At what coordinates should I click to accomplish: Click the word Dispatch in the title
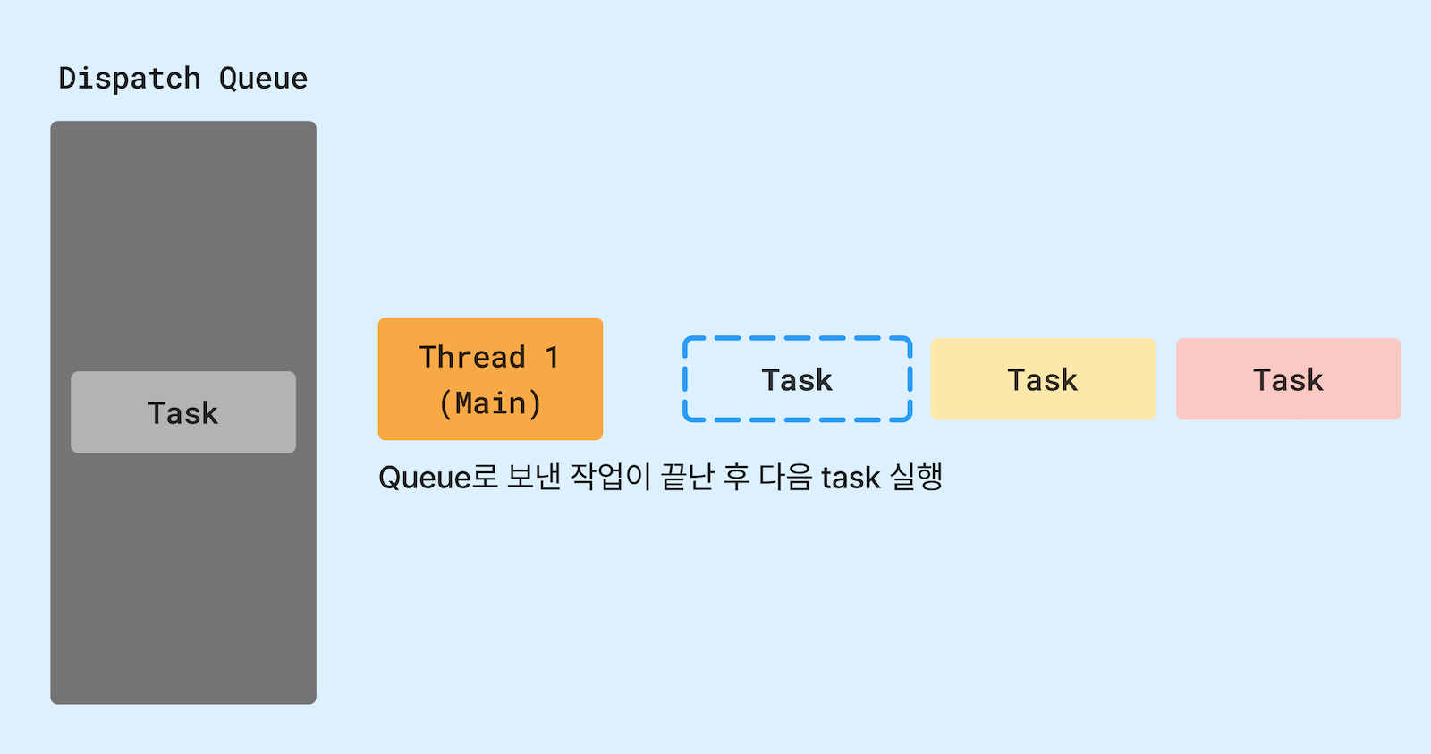tap(129, 79)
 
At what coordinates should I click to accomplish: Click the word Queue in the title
tap(263, 79)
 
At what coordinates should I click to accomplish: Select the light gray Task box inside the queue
tap(183, 412)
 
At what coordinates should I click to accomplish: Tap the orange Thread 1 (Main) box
tap(490, 378)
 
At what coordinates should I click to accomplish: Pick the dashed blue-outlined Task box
tap(797, 379)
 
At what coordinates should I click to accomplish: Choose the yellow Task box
tap(1043, 379)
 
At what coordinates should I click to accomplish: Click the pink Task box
tap(1288, 379)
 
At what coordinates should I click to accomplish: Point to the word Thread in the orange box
tap(472, 357)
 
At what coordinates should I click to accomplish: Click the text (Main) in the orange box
tap(490, 403)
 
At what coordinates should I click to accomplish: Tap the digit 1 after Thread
tap(552, 357)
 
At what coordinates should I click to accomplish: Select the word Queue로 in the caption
tap(437, 478)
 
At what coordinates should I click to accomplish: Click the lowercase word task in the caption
tap(851, 478)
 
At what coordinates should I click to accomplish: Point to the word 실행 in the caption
tap(917, 477)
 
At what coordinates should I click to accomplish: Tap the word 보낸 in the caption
tap(534, 477)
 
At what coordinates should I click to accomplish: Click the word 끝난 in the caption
tap(687, 477)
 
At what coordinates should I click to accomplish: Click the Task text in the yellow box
tap(1043, 380)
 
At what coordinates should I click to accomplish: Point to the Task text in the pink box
tap(1288, 380)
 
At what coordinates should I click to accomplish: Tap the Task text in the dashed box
tap(797, 380)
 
